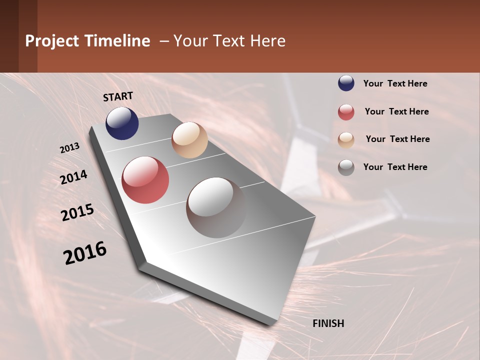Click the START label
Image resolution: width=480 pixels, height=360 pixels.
point(118,96)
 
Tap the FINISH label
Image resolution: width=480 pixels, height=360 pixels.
point(328,323)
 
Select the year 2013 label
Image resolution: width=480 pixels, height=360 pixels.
point(70,148)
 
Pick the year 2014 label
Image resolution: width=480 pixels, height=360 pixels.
point(74,177)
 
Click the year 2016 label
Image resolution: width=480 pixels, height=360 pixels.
point(85,253)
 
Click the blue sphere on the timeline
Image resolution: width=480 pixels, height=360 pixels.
point(122,123)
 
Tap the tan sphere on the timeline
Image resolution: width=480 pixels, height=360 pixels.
point(189,140)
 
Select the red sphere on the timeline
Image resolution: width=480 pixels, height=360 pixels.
point(145,180)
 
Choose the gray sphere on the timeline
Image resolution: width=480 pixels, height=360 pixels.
point(216,207)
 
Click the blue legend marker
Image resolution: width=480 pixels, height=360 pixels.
point(346,83)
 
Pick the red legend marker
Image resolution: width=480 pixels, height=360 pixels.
point(346,112)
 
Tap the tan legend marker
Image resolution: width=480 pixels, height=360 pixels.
point(346,140)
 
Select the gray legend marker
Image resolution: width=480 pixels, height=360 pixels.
point(346,167)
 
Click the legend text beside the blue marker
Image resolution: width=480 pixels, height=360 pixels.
point(395,83)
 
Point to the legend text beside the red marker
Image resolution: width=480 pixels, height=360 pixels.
point(396,111)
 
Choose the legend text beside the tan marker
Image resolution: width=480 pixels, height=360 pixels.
point(397,139)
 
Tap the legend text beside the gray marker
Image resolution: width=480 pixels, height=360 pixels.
point(395,167)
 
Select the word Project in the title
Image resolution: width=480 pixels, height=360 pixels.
point(52,41)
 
